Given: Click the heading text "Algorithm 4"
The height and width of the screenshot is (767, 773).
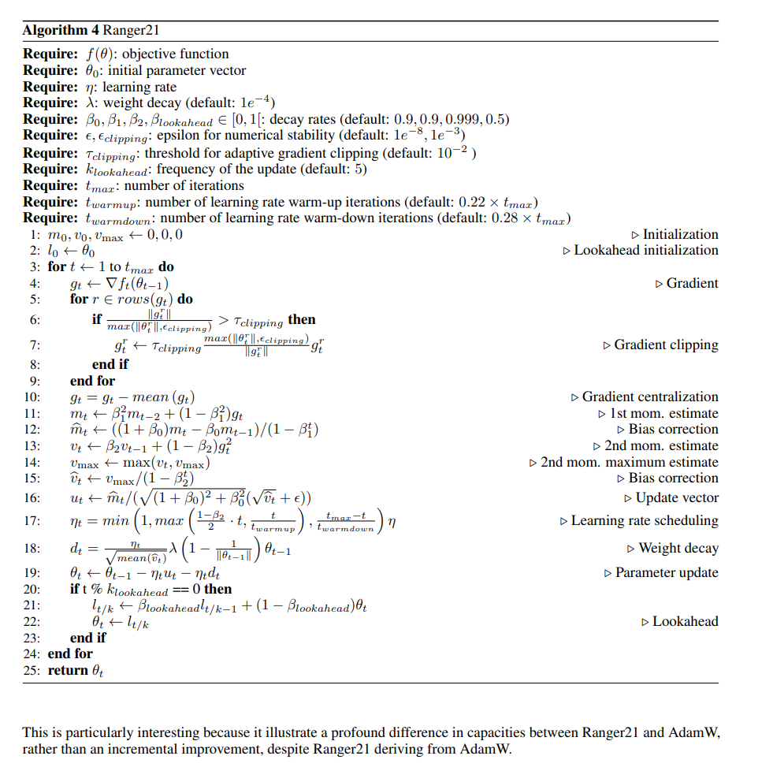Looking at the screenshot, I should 54,31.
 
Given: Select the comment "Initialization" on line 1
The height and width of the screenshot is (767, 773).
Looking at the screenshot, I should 680,234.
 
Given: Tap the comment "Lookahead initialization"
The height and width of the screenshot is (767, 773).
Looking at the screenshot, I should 645,250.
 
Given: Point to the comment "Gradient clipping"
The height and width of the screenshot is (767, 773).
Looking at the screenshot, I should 666,344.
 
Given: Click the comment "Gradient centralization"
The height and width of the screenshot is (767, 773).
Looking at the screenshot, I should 649,397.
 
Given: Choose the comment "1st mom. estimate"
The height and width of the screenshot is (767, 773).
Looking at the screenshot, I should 663,413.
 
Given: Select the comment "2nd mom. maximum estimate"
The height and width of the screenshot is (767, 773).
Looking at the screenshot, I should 629,462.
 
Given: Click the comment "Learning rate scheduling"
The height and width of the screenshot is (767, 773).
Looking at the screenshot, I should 644,520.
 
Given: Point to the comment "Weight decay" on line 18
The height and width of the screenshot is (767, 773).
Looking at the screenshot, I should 678,548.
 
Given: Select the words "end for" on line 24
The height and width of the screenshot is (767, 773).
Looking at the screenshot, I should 70,653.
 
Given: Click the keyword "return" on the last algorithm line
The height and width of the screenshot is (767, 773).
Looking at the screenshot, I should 68,670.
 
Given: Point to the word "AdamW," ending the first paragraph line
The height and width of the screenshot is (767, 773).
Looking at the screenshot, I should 696,732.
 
